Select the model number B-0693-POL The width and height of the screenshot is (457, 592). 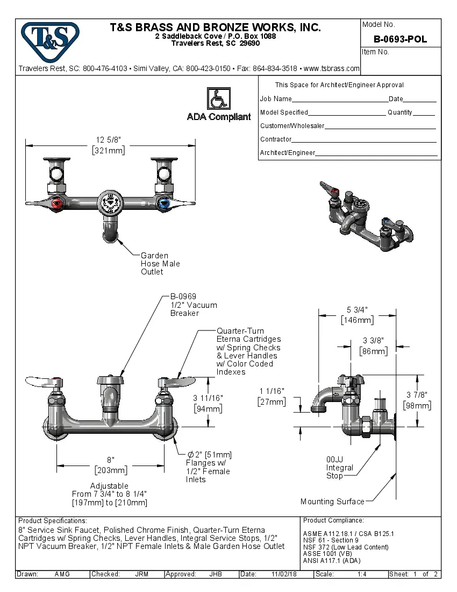pyautogui.click(x=400, y=39)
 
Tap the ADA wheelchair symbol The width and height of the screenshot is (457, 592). pyautogui.click(x=218, y=99)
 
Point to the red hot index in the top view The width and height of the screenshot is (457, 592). pyautogui.click(x=56, y=203)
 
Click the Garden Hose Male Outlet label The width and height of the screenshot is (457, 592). pyautogui.click(x=160, y=264)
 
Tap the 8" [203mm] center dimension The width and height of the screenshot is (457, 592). pyautogui.click(x=111, y=466)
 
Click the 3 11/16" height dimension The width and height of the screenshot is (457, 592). pyautogui.click(x=208, y=403)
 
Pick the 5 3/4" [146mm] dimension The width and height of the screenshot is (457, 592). pyautogui.click(x=357, y=315)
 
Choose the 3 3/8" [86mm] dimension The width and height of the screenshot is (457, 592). pyautogui.click(x=373, y=346)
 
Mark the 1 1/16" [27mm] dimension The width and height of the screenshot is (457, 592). pyautogui.click(x=272, y=397)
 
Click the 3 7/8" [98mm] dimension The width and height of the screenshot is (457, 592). pyautogui.click(x=417, y=400)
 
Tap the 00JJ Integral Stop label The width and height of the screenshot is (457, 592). pyautogui.click(x=340, y=467)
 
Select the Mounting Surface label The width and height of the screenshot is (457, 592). pyautogui.click(x=332, y=502)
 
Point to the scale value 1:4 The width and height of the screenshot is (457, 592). pyautogui.click(x=362, y=574)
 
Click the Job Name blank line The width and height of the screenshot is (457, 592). pyautogui.click(x=340, y=100)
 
